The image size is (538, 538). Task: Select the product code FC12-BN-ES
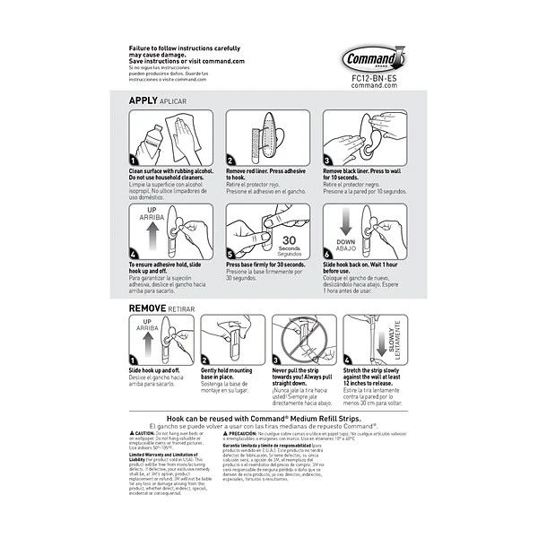376,78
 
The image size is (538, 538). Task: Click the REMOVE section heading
149,308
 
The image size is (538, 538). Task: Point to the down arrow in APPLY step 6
346,222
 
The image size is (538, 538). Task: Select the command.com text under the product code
376,85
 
